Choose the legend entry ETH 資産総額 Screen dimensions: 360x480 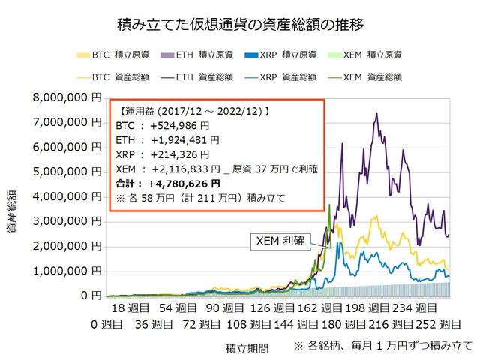[198, 76]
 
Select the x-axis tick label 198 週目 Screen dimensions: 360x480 [360, 308]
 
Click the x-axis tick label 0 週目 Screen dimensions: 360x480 [107, 325]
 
